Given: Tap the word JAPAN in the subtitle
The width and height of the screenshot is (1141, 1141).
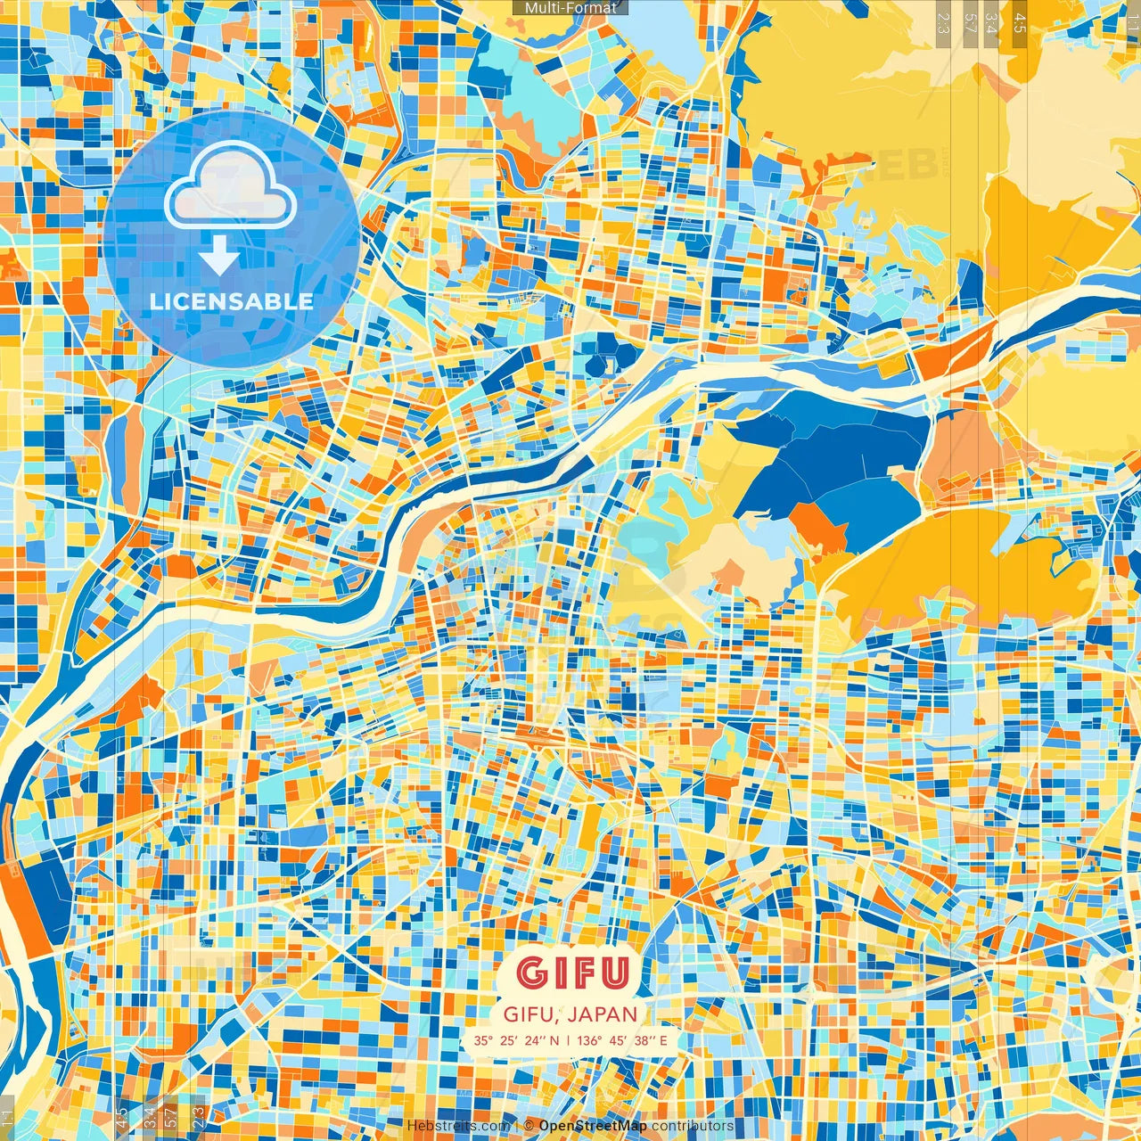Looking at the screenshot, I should click(x=602, y=1014).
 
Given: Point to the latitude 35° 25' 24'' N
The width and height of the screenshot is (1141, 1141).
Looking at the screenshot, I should click(x=517, y=1040).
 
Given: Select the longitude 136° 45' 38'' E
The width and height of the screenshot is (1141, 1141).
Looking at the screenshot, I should click(x=621, y=1040).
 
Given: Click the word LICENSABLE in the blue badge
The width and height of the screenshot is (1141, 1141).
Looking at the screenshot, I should click(x=231, y=301).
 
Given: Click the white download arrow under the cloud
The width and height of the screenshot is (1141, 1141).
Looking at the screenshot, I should click(x=218, y=258).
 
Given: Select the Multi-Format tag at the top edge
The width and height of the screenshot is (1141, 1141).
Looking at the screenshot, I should click(x=570, y=8).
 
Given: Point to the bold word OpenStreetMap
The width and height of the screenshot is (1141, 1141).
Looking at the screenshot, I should click(x=593, y=1126).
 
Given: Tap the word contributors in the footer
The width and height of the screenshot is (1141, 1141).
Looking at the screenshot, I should click(x=693, y=1126).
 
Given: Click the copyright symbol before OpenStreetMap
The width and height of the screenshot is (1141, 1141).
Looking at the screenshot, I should click(x=529, y=1126).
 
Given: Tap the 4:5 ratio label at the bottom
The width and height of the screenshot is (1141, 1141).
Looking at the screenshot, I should click(x=121, y=1117).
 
